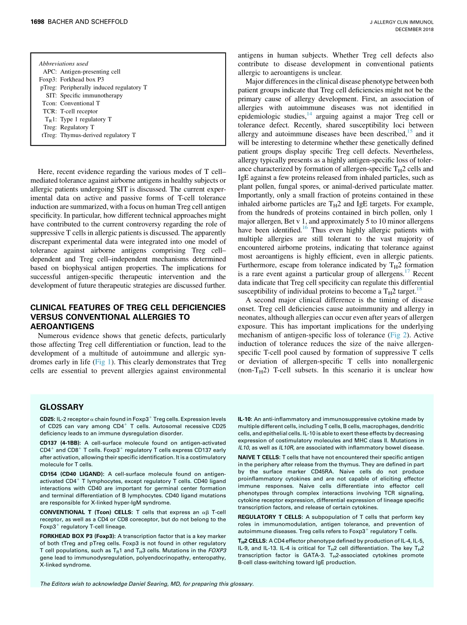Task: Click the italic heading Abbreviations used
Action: (63, 63)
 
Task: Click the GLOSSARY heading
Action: (61, 407)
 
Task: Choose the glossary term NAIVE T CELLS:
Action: (258, 457)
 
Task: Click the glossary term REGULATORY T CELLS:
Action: (270, 517)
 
